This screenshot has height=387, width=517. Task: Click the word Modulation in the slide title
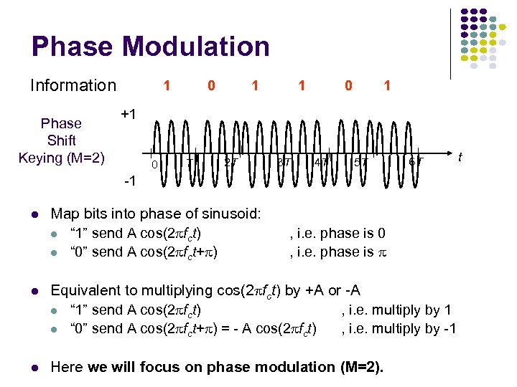(196, 47)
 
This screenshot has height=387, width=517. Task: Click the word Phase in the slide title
(73, 47)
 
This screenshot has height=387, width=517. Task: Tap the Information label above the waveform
(73, 85)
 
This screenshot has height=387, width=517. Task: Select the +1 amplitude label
(129, 114)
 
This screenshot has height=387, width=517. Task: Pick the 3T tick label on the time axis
(284, 162)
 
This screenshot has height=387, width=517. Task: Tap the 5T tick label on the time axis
(361, 163)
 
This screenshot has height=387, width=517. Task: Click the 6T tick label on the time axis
(415, 162)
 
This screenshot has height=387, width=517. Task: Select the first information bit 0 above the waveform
(210, 85)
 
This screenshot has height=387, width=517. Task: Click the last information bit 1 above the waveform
(387, 85)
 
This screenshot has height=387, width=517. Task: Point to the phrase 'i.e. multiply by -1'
(399, 328)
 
